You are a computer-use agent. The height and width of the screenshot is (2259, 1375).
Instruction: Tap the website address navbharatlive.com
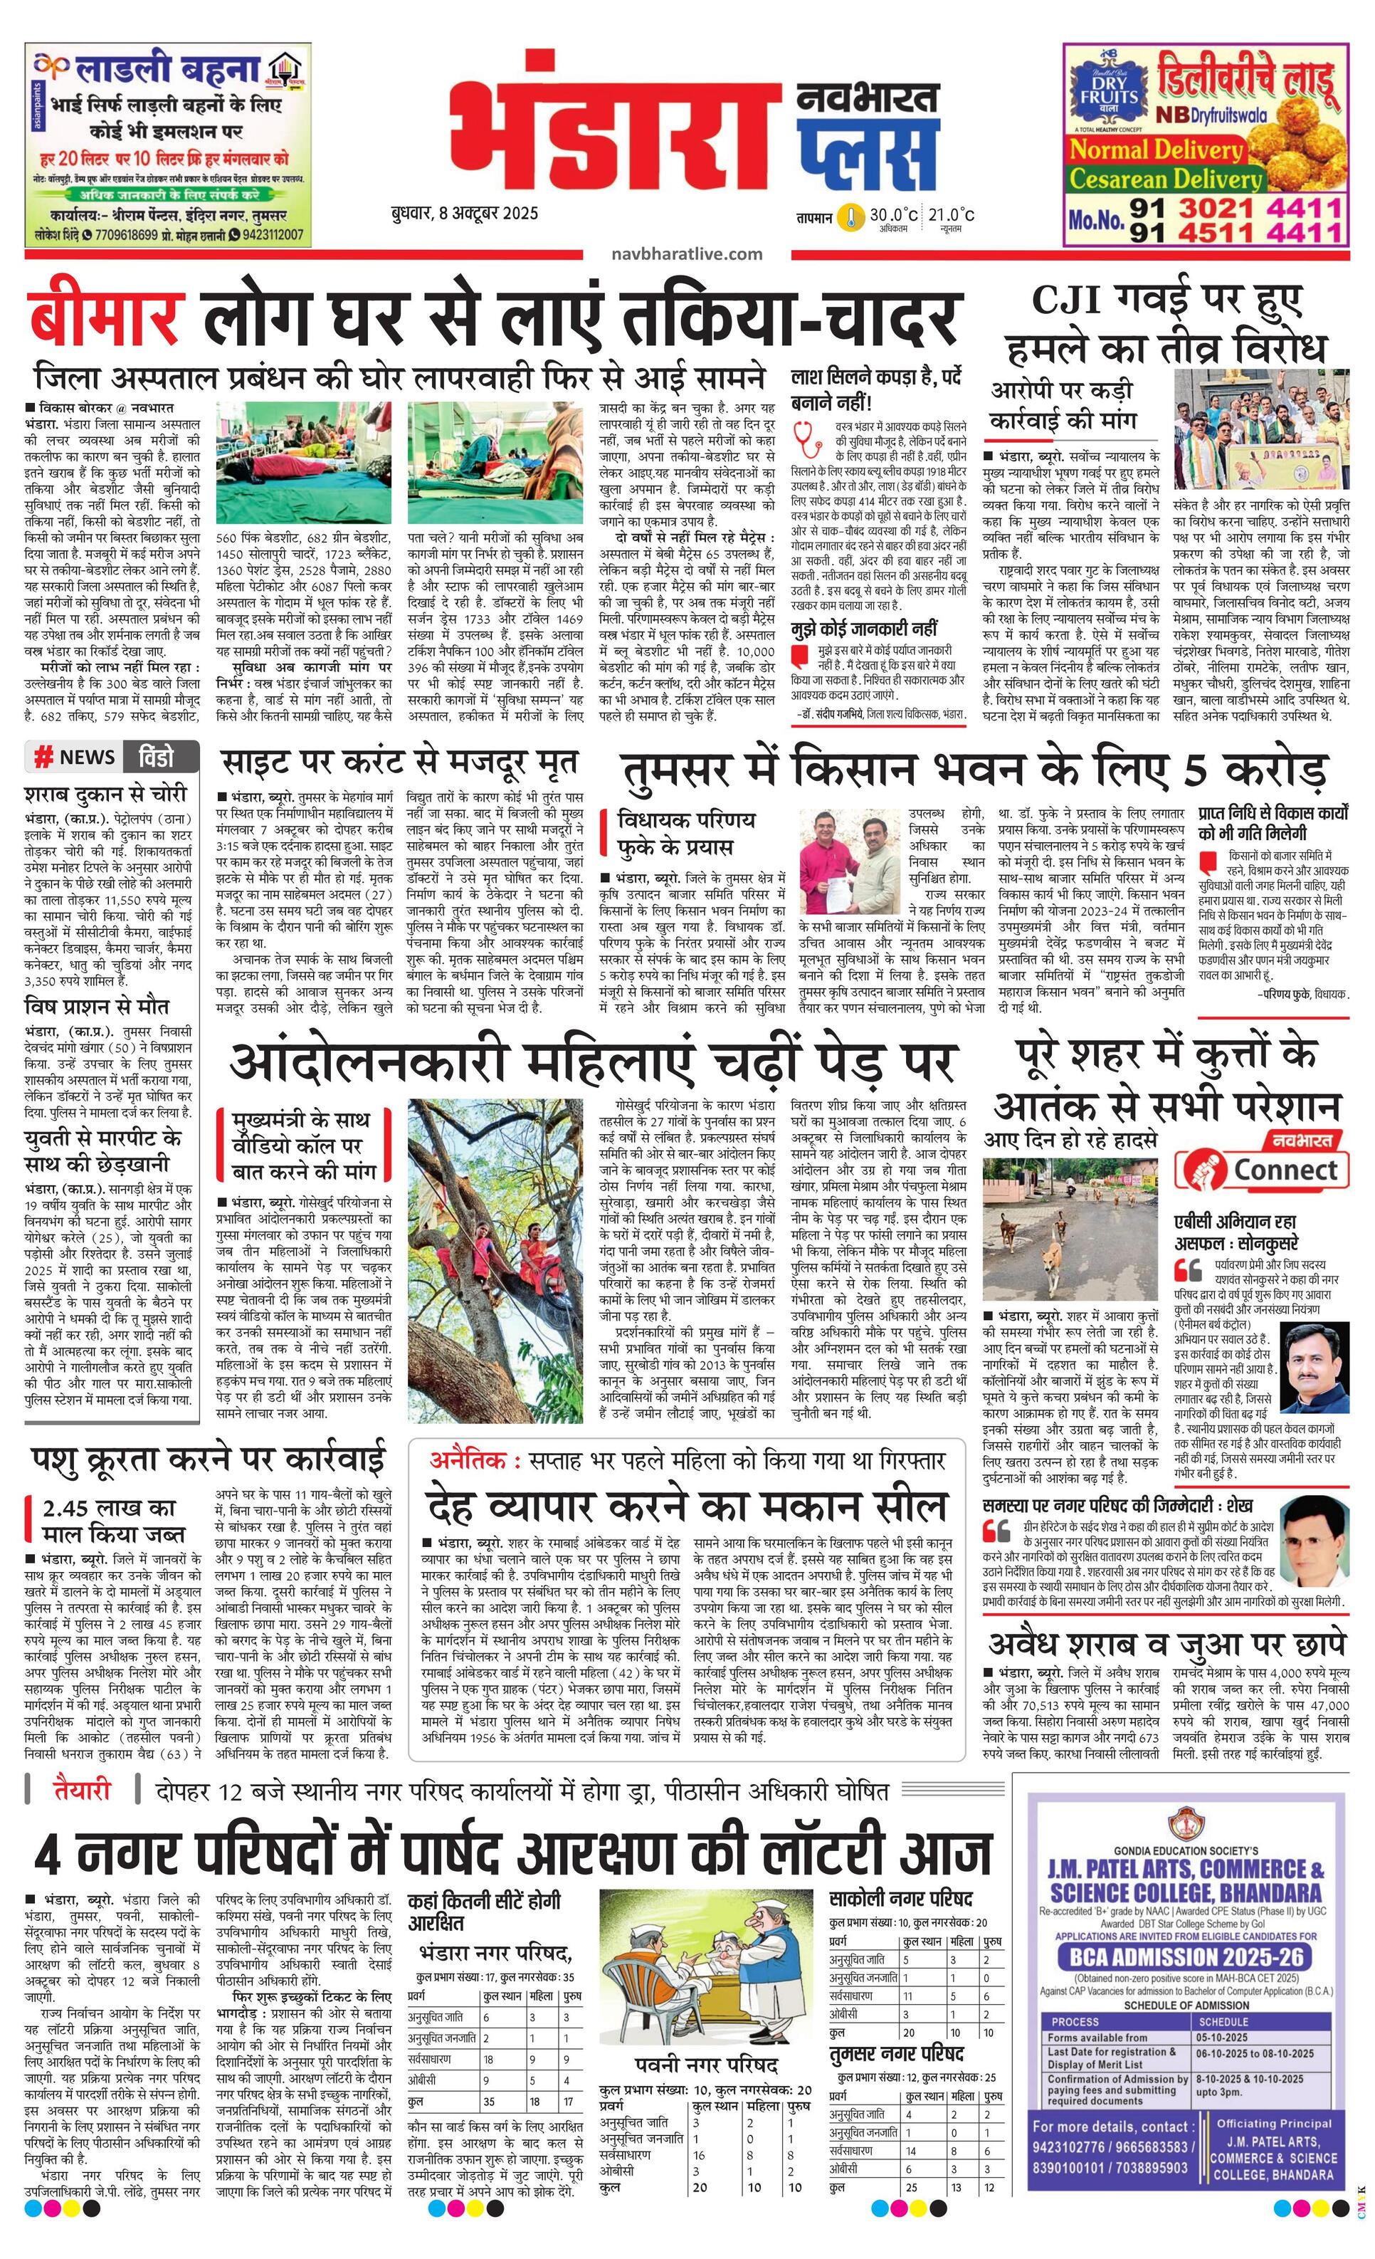685,254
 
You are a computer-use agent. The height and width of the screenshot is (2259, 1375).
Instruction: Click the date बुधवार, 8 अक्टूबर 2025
464,214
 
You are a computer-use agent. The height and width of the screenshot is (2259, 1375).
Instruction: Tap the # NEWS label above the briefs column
75,756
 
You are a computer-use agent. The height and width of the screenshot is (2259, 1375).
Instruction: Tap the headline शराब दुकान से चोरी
105,793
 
